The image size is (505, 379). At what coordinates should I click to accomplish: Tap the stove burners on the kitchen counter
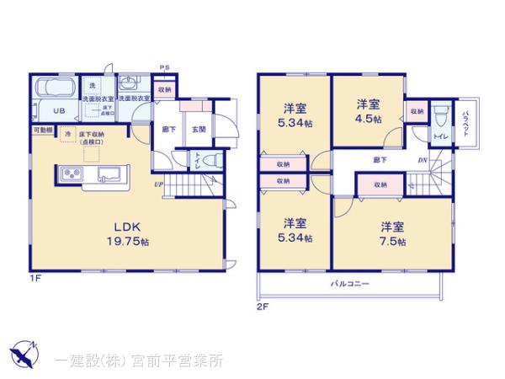point(71,174)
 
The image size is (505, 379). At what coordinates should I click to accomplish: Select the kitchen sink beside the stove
point(109,174)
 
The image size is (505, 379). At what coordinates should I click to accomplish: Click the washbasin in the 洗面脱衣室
point(130,83)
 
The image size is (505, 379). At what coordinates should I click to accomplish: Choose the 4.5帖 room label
point(368,112)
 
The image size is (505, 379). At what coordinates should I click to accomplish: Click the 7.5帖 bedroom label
point(392,233)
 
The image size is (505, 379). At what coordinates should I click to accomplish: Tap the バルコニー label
point(349,284)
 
